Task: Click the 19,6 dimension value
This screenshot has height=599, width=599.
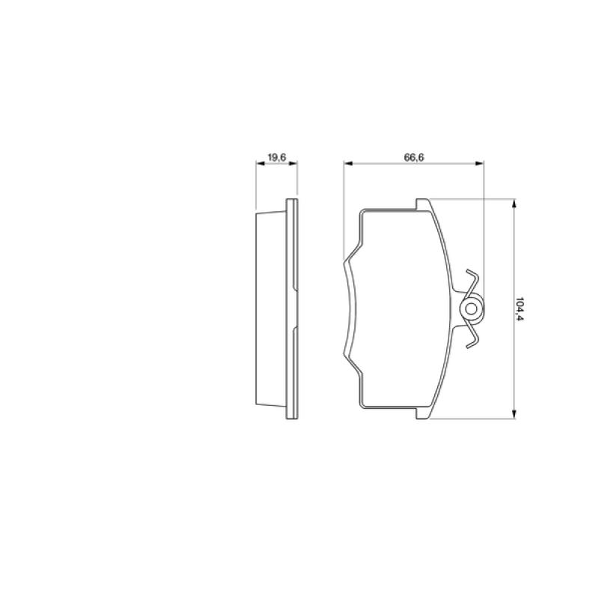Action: click(x=277, y=157)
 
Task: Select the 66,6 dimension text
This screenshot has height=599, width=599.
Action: click(x=414, y=157)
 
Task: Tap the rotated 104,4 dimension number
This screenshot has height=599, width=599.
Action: click(x=518, y=309)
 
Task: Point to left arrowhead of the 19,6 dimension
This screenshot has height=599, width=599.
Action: click(x=260, y=163)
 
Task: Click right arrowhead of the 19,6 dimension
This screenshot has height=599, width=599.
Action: click(x=293, y=163)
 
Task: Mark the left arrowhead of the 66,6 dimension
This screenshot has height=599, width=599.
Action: click(x=348, y=163)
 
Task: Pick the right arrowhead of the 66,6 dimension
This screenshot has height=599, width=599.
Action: click(x=479, y=163)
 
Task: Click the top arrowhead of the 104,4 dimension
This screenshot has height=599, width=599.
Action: click(x=514, y=204)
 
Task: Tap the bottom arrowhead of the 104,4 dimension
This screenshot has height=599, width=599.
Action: click(x=514, y=414)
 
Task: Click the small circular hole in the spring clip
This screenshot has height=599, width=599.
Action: click(x=472, y=309)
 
